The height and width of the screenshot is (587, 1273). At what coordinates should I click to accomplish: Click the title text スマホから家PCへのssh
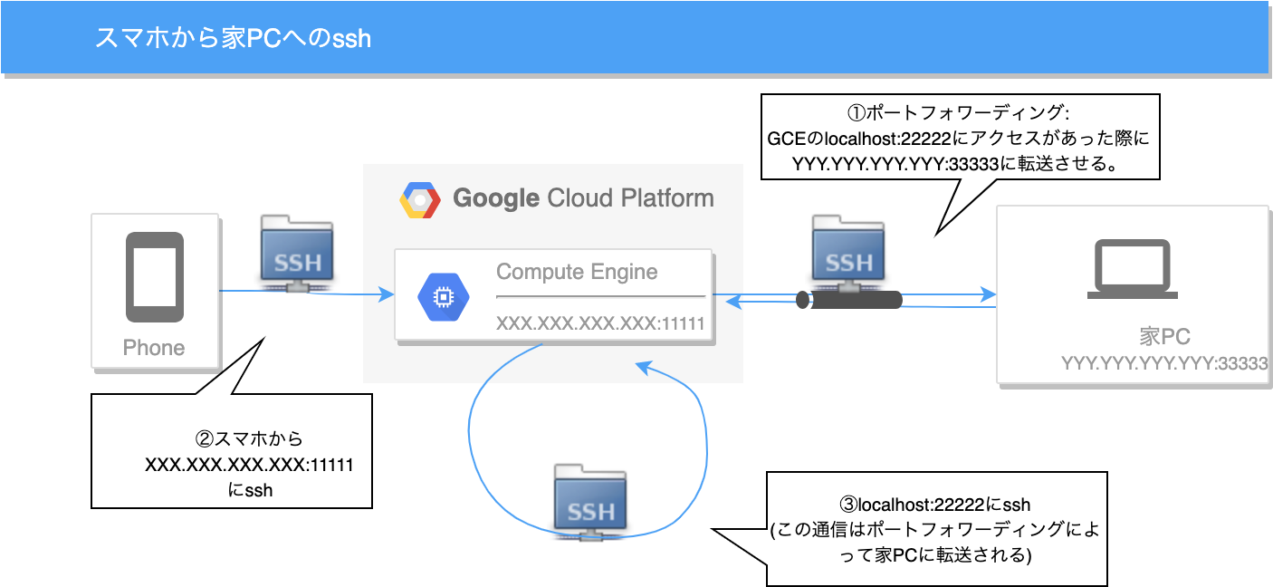point(233,39)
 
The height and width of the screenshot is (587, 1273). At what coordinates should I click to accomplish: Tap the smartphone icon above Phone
point(154,277)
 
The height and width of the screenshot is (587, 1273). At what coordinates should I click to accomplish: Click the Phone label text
point(154,348)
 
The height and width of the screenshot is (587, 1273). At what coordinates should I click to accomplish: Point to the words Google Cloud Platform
point(583,198)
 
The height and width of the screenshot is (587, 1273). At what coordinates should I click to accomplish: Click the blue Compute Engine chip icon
point(443,297)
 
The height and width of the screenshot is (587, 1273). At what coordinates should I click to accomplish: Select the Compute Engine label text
point(577,272)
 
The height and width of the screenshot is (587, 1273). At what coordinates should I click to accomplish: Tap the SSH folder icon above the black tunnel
point(848,253)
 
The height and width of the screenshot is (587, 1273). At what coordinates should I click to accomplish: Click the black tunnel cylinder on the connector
point(848,300)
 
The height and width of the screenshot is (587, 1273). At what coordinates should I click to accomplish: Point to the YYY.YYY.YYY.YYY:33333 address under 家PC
point(1164,364)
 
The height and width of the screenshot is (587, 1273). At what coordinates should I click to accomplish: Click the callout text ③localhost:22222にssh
point(936,505)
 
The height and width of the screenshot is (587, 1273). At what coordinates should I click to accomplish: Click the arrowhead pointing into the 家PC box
point(989,295)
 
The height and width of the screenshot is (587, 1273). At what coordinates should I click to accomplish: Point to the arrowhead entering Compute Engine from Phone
point(387,294)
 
